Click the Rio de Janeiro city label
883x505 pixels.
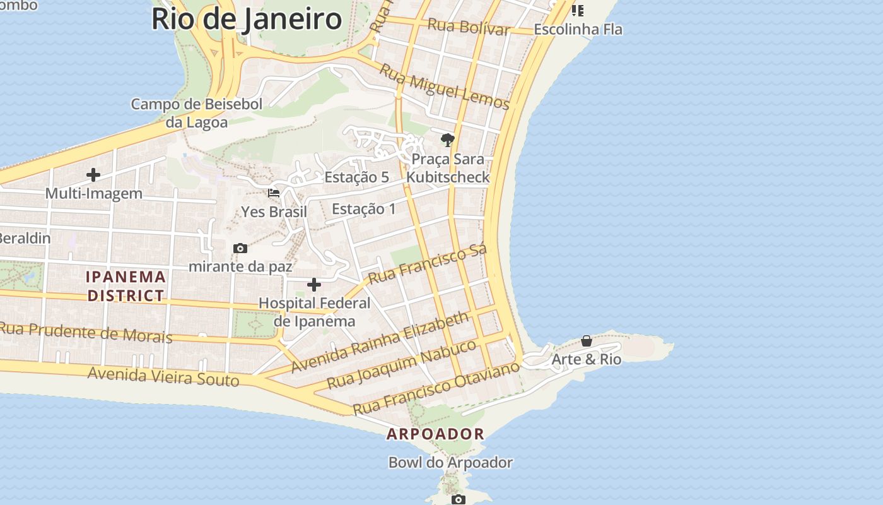[247, 19]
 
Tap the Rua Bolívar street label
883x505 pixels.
[469, 27]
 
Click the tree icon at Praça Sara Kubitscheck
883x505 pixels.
[448, 140]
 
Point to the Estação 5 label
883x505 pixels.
[356, 177]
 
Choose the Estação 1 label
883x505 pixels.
[364, 209]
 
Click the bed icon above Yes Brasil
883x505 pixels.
[274, 193]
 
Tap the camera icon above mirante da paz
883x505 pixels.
[240, 248]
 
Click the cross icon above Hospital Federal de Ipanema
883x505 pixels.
[314, 285]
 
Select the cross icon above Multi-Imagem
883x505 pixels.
[93, 175]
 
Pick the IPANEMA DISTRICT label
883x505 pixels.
[126, 286]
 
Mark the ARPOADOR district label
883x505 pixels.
[435, 434]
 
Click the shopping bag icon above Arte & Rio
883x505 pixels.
[587, 341]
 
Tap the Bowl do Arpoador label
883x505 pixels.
[450, 463]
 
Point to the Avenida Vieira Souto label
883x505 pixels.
[163, 376]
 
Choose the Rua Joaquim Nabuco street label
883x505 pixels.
[402, 365]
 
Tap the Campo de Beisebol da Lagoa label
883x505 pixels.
[197, 113]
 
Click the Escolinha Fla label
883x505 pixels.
[578, 29]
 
